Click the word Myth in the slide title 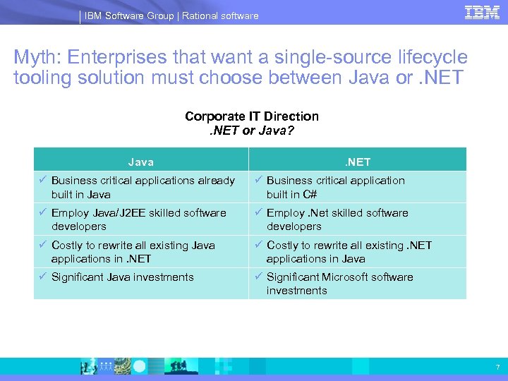point(36,58)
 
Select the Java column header point(140,162)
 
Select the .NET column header point(357,162)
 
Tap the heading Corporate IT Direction point(252,116)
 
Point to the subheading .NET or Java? point(252,130)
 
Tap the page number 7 point(497,367)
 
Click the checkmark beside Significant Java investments point(42,277)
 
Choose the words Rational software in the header point(220,16)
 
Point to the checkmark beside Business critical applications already point(42,180)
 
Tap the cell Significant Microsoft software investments point(339,284)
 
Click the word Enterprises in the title point(124,58)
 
